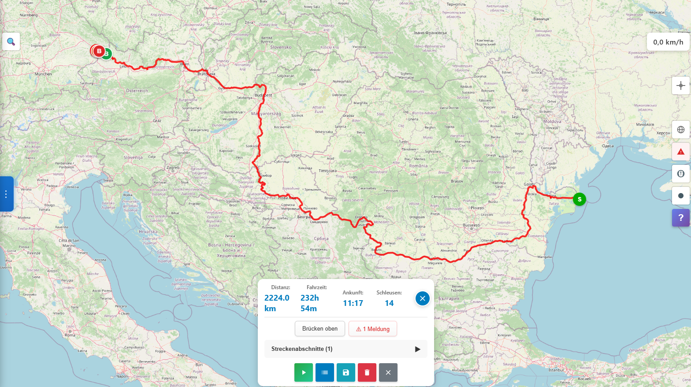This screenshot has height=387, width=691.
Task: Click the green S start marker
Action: coord(580,199)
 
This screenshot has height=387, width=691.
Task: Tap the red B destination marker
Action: coord(99,51)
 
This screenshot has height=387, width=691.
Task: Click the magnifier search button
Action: coord(11,42)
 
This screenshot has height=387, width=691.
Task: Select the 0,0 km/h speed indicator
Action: coord(668,42)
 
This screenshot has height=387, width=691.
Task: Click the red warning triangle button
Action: coord(680,152)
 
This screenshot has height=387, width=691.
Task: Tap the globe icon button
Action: coord(680,130)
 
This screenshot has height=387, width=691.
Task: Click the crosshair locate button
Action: coord(680,86)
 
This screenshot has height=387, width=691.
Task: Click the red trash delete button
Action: coord(367,372)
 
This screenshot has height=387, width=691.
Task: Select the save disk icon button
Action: coord(346,372)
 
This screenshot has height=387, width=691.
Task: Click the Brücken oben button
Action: coord(320,328)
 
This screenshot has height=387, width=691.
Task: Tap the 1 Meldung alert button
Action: coord(373,329)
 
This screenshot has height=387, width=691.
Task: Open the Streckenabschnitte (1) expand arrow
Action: coord(417,349)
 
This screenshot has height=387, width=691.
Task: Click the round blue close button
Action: coord(422,298)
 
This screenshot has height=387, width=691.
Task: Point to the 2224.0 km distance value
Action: coord(277,303)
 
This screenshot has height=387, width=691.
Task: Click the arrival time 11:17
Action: coord(353,303)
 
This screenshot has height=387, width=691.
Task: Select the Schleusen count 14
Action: coord(389,303)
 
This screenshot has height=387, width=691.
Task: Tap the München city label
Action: coord(43,74)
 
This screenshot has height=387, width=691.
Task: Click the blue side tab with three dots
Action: coord(6,194)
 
